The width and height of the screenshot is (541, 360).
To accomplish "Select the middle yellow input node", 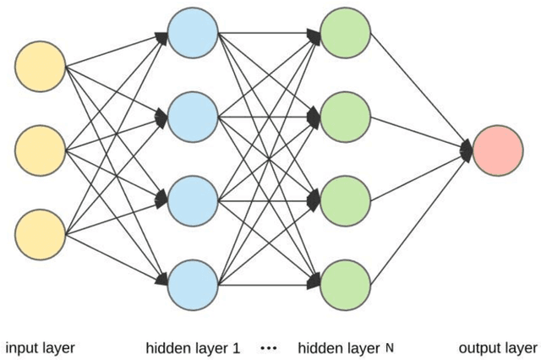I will (x=41, y=150).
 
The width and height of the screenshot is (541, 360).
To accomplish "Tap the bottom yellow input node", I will (x=41, y=234).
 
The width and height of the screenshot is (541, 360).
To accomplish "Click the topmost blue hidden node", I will (x=192, y=31).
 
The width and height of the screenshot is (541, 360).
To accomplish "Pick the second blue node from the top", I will (x=192, y=116).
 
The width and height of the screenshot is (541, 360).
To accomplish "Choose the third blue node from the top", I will (x=192, y=200).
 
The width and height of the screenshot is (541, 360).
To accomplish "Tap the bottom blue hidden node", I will (x=192, y=285).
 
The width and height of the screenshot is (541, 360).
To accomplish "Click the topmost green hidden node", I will (x=346, y=31).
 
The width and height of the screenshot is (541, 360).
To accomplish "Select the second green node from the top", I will (x=346, y=116).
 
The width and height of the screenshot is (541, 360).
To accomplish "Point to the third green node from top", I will (x=346, y=200).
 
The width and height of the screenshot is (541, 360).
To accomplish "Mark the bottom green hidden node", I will (x=346, y=285).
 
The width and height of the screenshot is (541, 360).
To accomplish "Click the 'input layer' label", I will (x=41, y=347).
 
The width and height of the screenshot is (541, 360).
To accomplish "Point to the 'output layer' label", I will (x=497, y=347).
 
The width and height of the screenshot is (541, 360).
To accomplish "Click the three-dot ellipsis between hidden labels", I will (x=269, y=347).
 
